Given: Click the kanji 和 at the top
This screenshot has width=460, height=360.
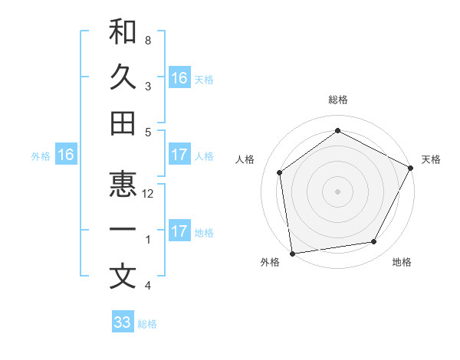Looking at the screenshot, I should (x=123, y=32).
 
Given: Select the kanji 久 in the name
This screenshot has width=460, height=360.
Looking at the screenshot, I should (x=123, y=77).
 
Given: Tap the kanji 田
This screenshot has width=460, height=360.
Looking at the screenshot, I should (x=123, y=123).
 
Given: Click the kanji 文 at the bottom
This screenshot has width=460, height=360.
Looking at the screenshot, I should (x=123, y=276).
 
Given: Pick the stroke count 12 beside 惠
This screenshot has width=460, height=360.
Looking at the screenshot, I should (x=148, y=194).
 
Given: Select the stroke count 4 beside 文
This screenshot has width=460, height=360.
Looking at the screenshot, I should (x=148, y=286).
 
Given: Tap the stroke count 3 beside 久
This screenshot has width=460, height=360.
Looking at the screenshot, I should (x=148, y=86).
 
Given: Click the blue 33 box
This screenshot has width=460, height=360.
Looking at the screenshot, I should (x=123, y=322).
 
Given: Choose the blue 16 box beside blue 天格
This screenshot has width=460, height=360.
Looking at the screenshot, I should (x=179, y=78).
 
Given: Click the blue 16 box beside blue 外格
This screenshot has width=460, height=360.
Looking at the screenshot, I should (x=65, y=155).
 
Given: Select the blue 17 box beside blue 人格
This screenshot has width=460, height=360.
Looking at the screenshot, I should (x=179, y=155).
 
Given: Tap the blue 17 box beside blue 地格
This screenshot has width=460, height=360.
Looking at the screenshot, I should (x=179, y=231).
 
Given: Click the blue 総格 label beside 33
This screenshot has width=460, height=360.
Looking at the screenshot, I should (x=147, y=324).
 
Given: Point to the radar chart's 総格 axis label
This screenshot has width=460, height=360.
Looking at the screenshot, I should (x=337, y=100).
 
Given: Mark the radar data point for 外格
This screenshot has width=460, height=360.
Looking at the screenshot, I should (x=292, y=253).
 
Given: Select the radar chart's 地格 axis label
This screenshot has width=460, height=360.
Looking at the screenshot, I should (x=402, y=262).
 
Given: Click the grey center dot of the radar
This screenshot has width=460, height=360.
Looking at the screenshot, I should (x=337, y=191).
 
